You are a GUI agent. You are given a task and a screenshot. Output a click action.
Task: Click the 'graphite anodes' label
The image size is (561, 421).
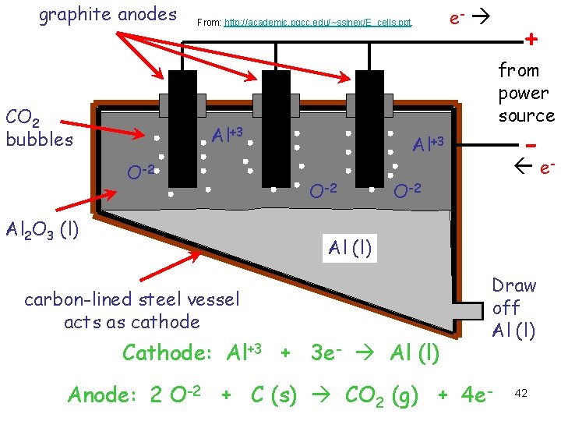click(108, 14)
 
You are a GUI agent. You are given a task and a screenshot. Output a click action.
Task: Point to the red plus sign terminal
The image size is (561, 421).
click(532, 39)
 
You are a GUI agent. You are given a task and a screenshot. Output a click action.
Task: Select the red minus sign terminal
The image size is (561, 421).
click(531, 145)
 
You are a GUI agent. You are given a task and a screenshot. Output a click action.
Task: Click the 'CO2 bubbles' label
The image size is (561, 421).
click(39, 129)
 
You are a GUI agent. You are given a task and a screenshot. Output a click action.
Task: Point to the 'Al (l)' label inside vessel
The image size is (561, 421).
click(350, 248)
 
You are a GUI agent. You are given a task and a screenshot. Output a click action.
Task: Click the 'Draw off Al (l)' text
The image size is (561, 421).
click(513, 308)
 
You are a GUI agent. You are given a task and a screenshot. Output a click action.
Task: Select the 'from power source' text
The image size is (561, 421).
click(526, 93)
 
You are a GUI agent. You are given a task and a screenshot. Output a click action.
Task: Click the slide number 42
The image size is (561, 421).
click(521, 394)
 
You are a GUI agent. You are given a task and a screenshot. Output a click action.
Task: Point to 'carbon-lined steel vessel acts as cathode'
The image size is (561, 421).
click(132, 310)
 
